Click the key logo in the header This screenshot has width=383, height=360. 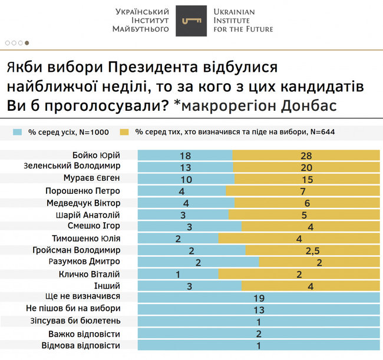[191, 21]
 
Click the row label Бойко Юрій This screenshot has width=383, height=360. [97, 155]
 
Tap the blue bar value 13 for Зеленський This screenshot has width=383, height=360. [186, 167]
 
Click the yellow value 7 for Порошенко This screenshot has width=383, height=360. [303, 191]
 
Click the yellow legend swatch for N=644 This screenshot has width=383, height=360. [124, 131]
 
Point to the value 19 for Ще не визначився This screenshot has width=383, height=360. [259, 298]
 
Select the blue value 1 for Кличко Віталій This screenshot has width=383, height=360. [177, 275]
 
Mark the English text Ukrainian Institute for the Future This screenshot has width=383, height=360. [243, 21]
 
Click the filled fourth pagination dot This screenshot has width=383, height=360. [27, 43]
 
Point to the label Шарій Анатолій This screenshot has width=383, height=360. [90, 214]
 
